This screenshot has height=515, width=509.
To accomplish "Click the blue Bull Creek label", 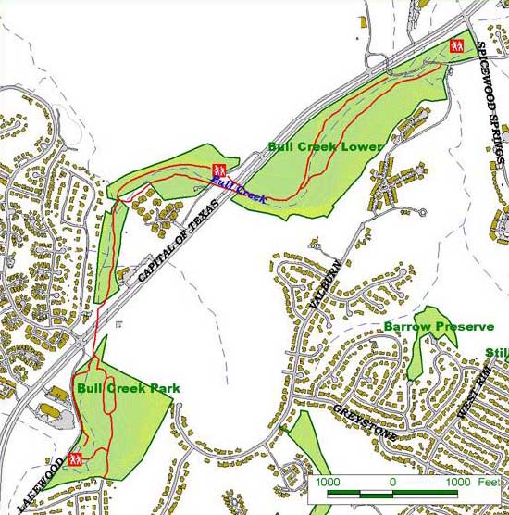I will tap(239, 190).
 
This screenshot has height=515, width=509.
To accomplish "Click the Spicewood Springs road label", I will tap(491, 102).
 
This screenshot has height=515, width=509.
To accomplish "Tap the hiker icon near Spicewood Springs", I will tap(455, 45).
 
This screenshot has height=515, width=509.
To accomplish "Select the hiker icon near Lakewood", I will tap(75, 458).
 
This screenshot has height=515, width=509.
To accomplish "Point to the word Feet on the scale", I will tap(486, 482).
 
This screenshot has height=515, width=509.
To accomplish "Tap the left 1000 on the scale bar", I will tap(329, 482).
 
